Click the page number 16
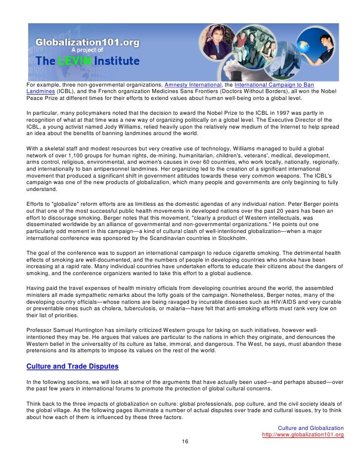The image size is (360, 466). point(185,441)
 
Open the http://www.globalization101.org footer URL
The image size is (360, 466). point(303,434)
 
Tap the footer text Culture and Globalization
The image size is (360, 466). point(311,428)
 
